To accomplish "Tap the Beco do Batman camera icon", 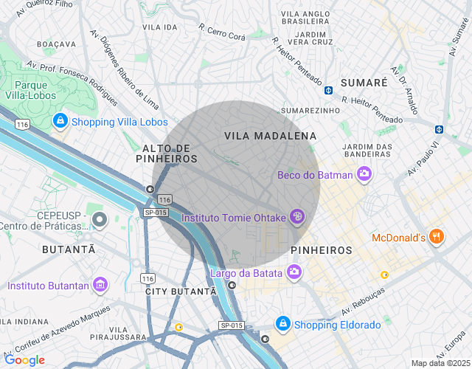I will point(364,175).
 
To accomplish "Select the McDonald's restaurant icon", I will point(437,237).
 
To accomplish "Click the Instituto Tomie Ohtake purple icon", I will point(296,217).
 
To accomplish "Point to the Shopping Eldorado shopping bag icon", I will point(282,324).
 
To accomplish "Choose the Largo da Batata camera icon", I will point(294,273).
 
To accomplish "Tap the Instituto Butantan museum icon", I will point(101,285).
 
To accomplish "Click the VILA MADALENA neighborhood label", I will point(270,136).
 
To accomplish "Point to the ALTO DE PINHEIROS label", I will point(167,154).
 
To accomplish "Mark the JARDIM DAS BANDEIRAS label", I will point(367,150).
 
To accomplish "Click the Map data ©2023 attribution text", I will point(440,363).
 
